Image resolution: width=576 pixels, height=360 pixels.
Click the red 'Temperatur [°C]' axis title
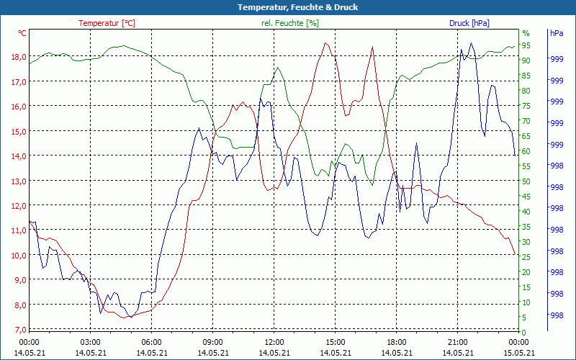[x=107, y=23]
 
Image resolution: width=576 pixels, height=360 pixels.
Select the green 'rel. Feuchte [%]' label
[x=289, y=23]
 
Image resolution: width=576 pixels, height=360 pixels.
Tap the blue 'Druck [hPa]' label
[x=469, y=23]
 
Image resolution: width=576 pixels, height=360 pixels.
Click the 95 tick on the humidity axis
[x=526, y=45]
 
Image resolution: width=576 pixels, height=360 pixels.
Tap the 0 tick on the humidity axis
[x=524, y=332]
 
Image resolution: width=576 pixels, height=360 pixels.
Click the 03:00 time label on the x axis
[x=90, y=342]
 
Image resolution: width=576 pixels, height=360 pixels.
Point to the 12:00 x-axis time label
[x=274, y=342]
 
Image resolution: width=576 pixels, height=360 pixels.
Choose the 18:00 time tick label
[x=397, y=342]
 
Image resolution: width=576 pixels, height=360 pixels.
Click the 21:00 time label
[x=458, y=342]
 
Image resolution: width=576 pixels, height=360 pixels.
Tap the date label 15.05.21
[x=518, y=353]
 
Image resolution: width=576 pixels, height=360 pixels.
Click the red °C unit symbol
[x=22, y=33]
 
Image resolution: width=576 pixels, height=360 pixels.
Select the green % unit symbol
[x=526, y=33]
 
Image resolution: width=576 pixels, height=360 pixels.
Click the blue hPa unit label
[x=557, y=33]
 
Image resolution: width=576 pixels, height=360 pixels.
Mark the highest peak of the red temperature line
[x=325, y=42]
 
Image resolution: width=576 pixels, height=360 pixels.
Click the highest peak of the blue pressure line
[x=472, y=42]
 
